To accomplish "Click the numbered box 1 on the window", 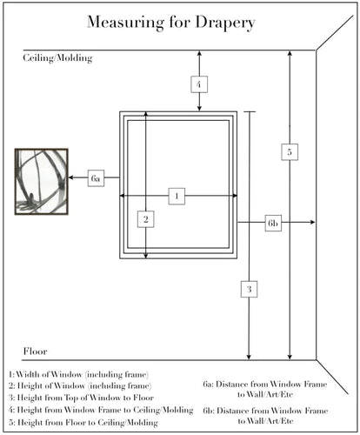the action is pos(177,196).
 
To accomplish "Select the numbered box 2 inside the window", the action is pos(146,219).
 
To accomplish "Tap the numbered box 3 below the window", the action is pos(249,289).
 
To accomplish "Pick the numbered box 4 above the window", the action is pos(199,84).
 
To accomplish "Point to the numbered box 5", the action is pos(290,151).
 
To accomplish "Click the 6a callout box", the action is pos(96,177).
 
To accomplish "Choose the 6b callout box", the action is pos(273,223).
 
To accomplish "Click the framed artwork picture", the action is pos(42,182).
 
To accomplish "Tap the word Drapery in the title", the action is pos(225,23).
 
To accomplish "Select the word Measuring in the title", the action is pos(125,23).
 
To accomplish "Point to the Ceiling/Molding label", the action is pos(57,58).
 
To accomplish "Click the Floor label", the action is pos(35,351).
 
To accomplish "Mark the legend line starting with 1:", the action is pos(78,374).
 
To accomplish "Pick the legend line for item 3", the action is pos(81,398).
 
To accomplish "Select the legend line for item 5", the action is pos(83,422).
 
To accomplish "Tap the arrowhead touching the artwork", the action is pos(71,177).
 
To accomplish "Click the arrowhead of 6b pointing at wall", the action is pos(312,222).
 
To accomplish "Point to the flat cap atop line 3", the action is pos(250,111).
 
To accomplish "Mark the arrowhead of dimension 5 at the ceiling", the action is pos(290,53).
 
